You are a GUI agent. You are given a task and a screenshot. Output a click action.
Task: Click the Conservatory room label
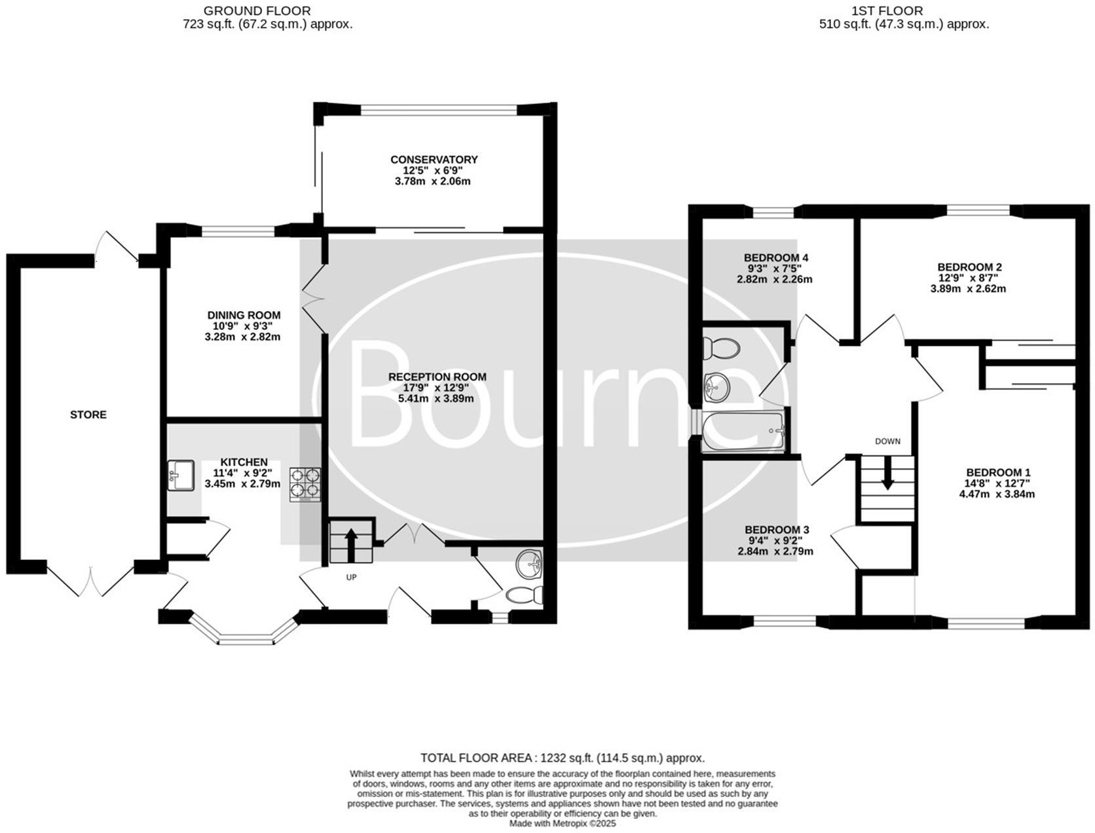pos(434,160)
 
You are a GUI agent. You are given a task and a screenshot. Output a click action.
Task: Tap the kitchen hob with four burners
pos(305,484)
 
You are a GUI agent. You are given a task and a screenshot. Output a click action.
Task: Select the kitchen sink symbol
pos(181,475)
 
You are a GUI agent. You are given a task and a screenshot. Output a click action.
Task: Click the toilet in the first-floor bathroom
pos(720,348)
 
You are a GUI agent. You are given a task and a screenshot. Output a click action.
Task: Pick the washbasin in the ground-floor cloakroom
pos(529,565)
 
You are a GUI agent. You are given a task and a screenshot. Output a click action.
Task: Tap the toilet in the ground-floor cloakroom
pos(525,595)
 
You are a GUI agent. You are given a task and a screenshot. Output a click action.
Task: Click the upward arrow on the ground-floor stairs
pos(350,544)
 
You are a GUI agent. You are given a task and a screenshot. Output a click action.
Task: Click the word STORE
pos(88,415)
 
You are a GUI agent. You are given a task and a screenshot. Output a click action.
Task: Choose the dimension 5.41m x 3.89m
pos(436,398)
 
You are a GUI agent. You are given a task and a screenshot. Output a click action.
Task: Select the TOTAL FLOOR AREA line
pos(563,758)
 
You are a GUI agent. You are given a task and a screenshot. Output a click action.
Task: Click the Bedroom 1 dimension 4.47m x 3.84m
pos(997,494)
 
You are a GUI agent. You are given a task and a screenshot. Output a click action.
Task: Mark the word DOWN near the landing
pos(887,441)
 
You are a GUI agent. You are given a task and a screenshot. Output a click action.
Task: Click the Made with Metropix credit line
pos(563,824)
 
